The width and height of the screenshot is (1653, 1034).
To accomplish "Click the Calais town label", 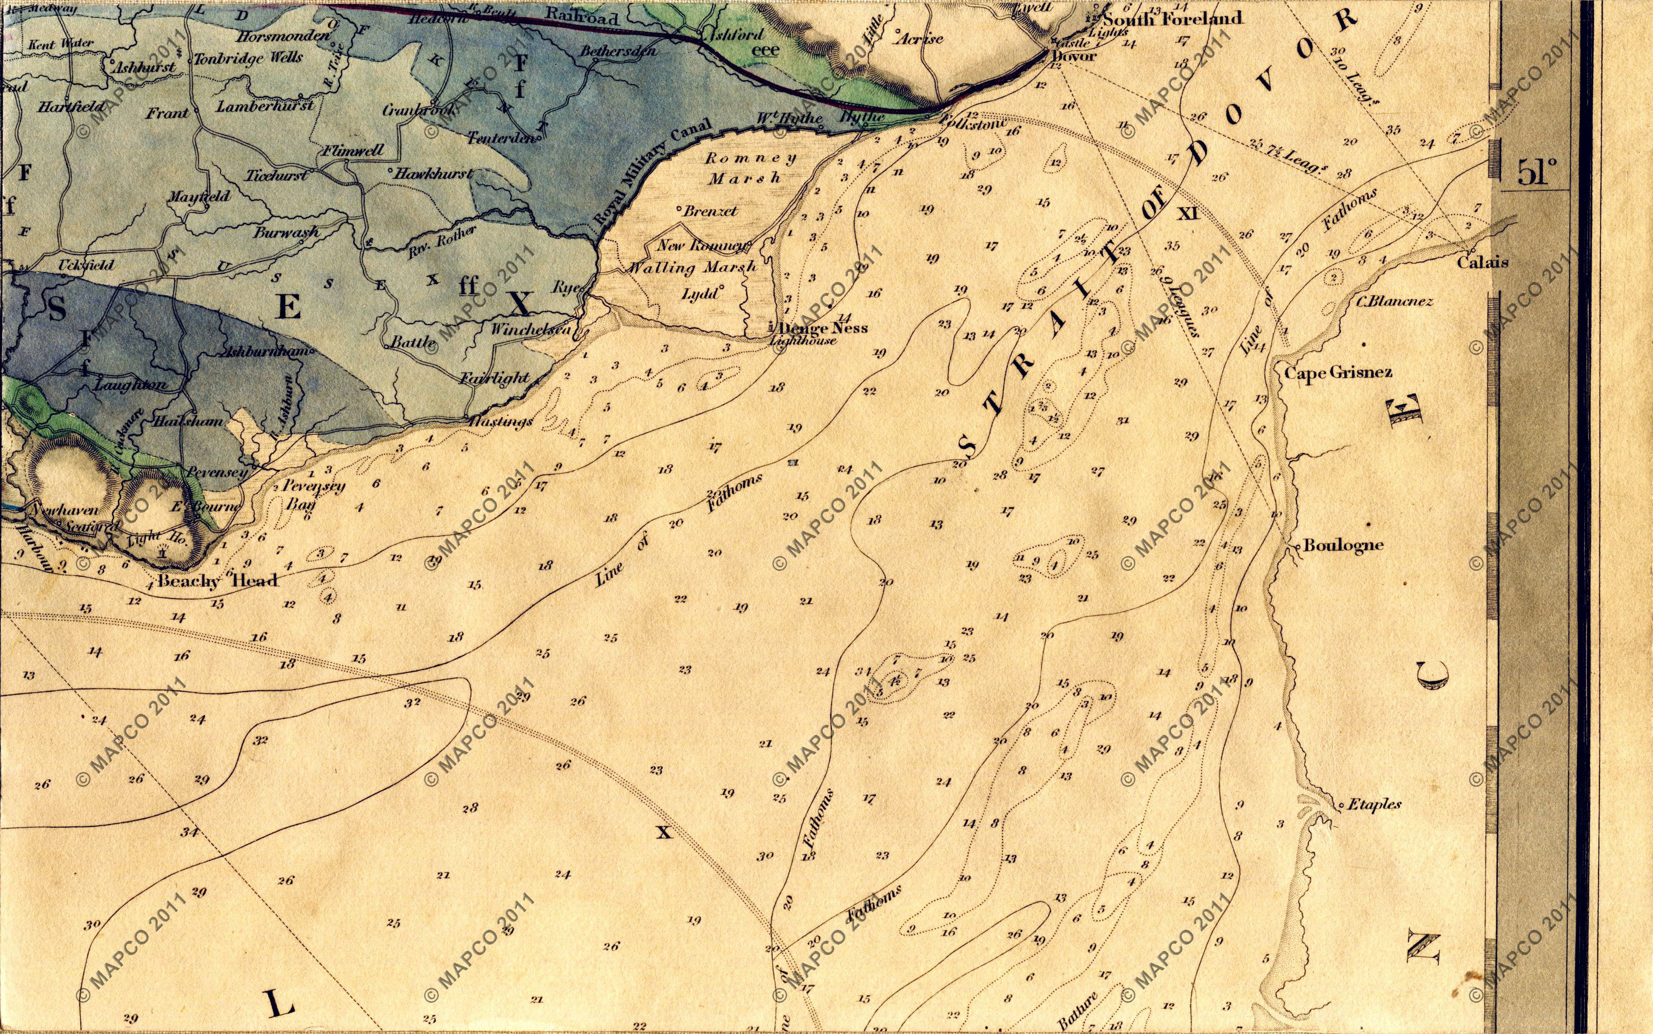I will pyautogui.click(x=1483, y=262).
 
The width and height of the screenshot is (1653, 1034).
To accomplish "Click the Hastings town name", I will pyautogui.click(x=501, y=421).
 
